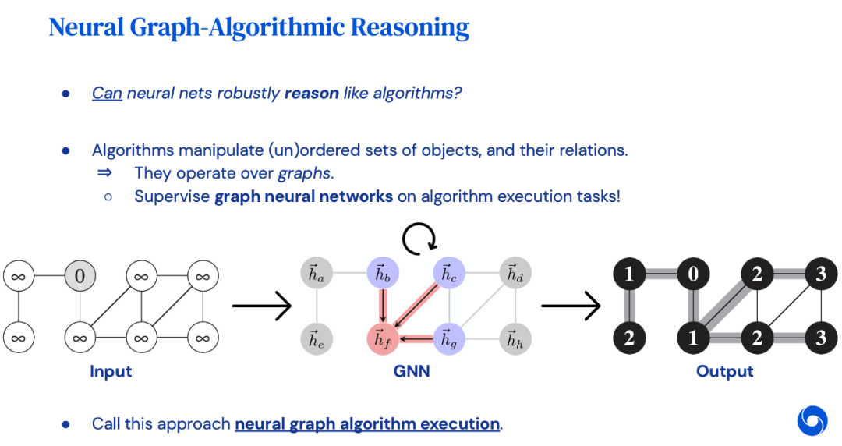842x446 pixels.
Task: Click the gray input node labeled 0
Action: coord(80,275)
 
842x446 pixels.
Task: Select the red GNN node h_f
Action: coord(382,338)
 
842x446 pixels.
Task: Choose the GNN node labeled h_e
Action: coord(315,338)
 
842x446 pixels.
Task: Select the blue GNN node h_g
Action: coord(448,338)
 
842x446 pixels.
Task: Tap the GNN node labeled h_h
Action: coord(515,338)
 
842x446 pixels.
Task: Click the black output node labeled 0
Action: coord(692,274)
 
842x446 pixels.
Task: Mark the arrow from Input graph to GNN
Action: coord(262,306)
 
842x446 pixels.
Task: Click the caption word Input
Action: coord(111,372)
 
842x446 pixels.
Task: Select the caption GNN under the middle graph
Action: coord(412,372)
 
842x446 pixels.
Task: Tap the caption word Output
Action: coord(724,372)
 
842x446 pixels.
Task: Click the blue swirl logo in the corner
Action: coord(812,420)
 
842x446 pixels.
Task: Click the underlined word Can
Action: coord(107,94)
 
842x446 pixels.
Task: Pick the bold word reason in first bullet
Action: coord(311,94)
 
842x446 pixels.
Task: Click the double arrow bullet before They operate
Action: coord(104,172)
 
